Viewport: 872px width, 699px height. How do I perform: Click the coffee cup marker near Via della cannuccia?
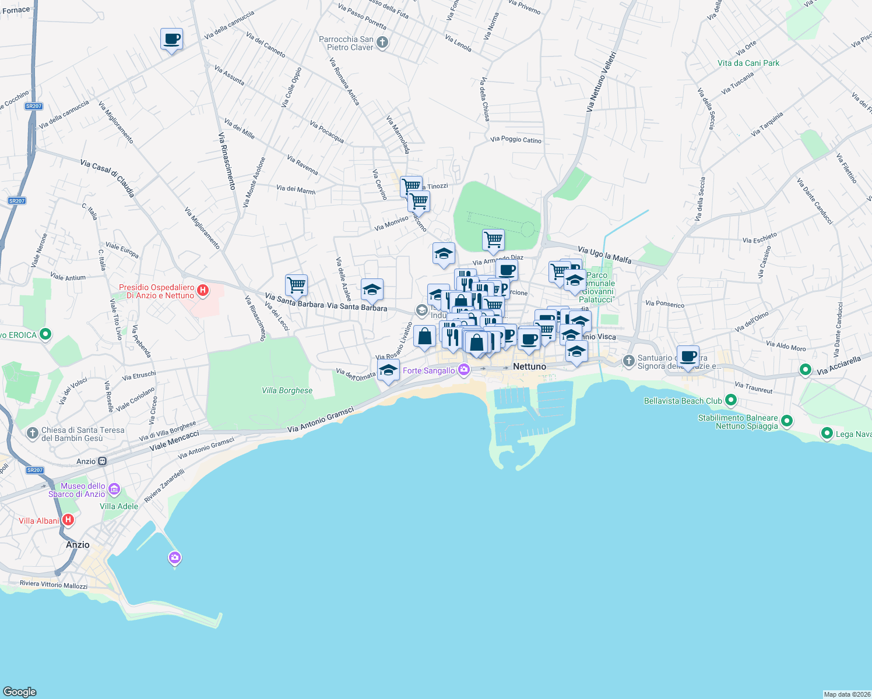[171, 40]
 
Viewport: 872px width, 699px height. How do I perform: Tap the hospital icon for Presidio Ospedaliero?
[203, 290]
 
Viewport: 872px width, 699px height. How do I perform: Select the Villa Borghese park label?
[287, 391]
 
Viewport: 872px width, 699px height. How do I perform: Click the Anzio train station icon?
[103, 461]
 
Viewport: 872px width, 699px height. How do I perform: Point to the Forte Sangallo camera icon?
[464, 370]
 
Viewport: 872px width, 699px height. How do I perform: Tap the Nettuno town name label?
[529, 366]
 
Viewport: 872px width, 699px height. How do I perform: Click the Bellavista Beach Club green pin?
[731, 401]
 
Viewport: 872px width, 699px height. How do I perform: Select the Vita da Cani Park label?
[748, 63]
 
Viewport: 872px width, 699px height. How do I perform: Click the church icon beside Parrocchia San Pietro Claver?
[382, 43]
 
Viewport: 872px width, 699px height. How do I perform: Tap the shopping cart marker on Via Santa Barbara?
[296, 285]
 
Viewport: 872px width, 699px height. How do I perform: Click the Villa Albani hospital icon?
[68, 520]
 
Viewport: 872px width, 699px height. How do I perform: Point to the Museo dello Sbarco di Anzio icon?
[114, 489]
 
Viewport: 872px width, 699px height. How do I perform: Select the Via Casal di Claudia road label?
[107, 178]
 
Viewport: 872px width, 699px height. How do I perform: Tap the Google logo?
[20, 691]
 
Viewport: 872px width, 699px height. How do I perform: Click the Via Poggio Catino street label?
[516, 140]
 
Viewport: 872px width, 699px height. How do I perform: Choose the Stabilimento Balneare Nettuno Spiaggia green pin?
[787, 421]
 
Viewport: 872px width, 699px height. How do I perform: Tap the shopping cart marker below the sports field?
[493, 239]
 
